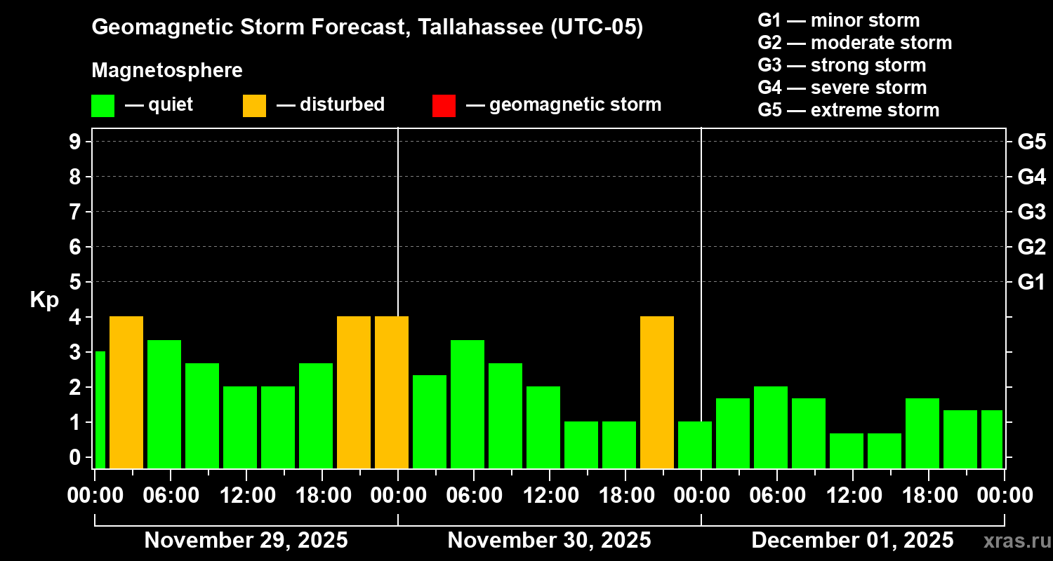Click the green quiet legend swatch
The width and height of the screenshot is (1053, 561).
[x=102, y=105]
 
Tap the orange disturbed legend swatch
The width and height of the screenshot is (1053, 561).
[x=254, y=105]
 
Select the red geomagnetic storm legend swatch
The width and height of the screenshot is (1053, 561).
[x=444, y=105]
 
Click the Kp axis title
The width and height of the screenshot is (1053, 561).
[x=44, y=300]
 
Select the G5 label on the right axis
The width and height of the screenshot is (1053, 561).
[x=1031, y=142]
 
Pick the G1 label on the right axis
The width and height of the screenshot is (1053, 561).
[x=1031, y=282]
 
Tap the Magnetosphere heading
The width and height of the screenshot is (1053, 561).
[x=167, y=71]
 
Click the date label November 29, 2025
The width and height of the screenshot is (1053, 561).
[x=246, y=541]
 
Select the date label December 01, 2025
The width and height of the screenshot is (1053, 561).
[x=852, y=541]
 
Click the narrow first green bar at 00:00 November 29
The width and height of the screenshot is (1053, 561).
[x=100, y=410]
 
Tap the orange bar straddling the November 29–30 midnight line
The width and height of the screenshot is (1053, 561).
[x=392, y=392]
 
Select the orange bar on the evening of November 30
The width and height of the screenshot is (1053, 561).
[x=657, y=392]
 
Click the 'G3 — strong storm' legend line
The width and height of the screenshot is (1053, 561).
[x=842, y=65]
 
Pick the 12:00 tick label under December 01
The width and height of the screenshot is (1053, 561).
[x=852, y=496]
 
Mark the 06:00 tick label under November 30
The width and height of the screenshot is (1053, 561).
[x=473, y=496]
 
